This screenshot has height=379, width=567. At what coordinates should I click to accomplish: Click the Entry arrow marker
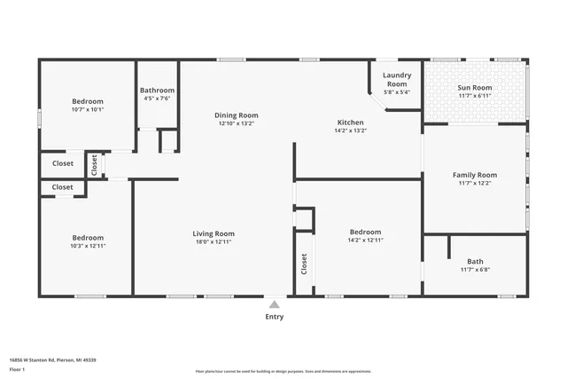point(274,304)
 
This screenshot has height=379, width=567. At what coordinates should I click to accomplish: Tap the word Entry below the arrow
point(275,317)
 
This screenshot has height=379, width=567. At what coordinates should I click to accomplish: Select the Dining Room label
point(237,114)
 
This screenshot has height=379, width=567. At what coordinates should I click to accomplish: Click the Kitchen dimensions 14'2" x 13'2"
point(350,130)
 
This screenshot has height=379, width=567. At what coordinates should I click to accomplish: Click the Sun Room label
point(474,87)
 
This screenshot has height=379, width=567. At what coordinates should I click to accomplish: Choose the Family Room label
point(474,175)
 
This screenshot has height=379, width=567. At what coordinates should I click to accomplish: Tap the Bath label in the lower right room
point(475,261)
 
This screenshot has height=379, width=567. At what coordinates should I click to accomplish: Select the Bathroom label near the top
point(158,90)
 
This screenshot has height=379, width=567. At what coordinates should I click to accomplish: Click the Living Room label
point(214,233)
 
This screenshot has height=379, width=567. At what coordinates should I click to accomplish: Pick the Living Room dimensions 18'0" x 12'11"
point(214,241)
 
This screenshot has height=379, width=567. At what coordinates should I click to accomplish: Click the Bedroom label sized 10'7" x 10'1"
point(88,101)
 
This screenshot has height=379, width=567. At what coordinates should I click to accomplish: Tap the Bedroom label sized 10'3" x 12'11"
point(88,238)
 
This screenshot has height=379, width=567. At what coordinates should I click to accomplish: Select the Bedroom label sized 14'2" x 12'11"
point(365,232)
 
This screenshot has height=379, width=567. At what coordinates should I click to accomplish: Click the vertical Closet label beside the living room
point(304,263)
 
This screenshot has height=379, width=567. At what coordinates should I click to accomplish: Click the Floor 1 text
point(18,368)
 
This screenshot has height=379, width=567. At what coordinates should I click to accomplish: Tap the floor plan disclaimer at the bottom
point(283,369)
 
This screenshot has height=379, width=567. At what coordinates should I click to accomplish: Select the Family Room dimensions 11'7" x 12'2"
point(474,184)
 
